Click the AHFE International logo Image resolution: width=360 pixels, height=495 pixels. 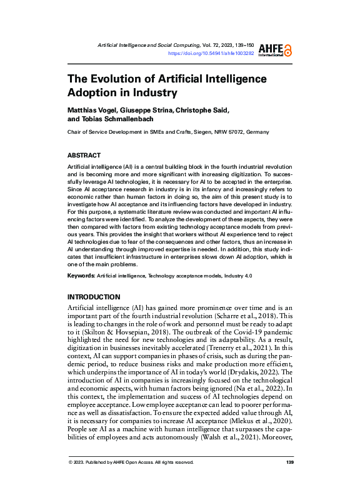pos(278,50)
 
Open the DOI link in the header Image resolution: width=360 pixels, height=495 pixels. pos(211,54)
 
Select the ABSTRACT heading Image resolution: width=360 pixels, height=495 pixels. pos(84,154)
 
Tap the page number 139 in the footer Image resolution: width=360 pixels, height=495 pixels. pos(289,480)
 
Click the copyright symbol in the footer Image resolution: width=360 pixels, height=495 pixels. pos(71,480)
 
